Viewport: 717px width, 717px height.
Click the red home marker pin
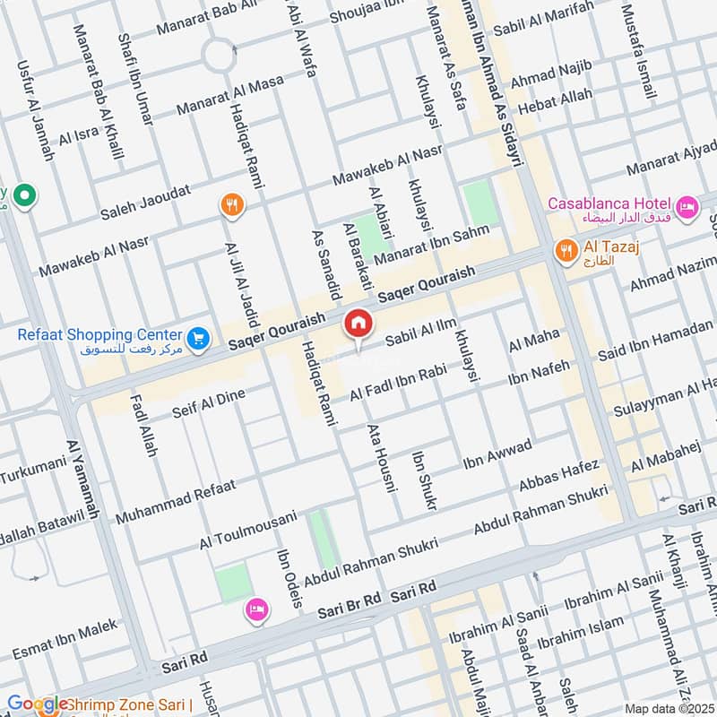point(358,324)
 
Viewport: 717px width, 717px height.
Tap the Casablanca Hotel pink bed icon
point(687,207)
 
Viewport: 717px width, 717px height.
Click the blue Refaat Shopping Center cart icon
point(199,339)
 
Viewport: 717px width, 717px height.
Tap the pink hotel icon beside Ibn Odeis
point(256,610)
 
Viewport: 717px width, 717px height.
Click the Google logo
point(36,704)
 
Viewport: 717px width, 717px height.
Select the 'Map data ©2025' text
point(668,708)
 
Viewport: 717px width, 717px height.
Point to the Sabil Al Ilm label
point(419,336)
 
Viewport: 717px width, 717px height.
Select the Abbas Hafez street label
point(558,477)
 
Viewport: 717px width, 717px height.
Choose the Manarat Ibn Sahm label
point(432,245)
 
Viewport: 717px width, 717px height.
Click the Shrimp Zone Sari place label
point(130,705)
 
